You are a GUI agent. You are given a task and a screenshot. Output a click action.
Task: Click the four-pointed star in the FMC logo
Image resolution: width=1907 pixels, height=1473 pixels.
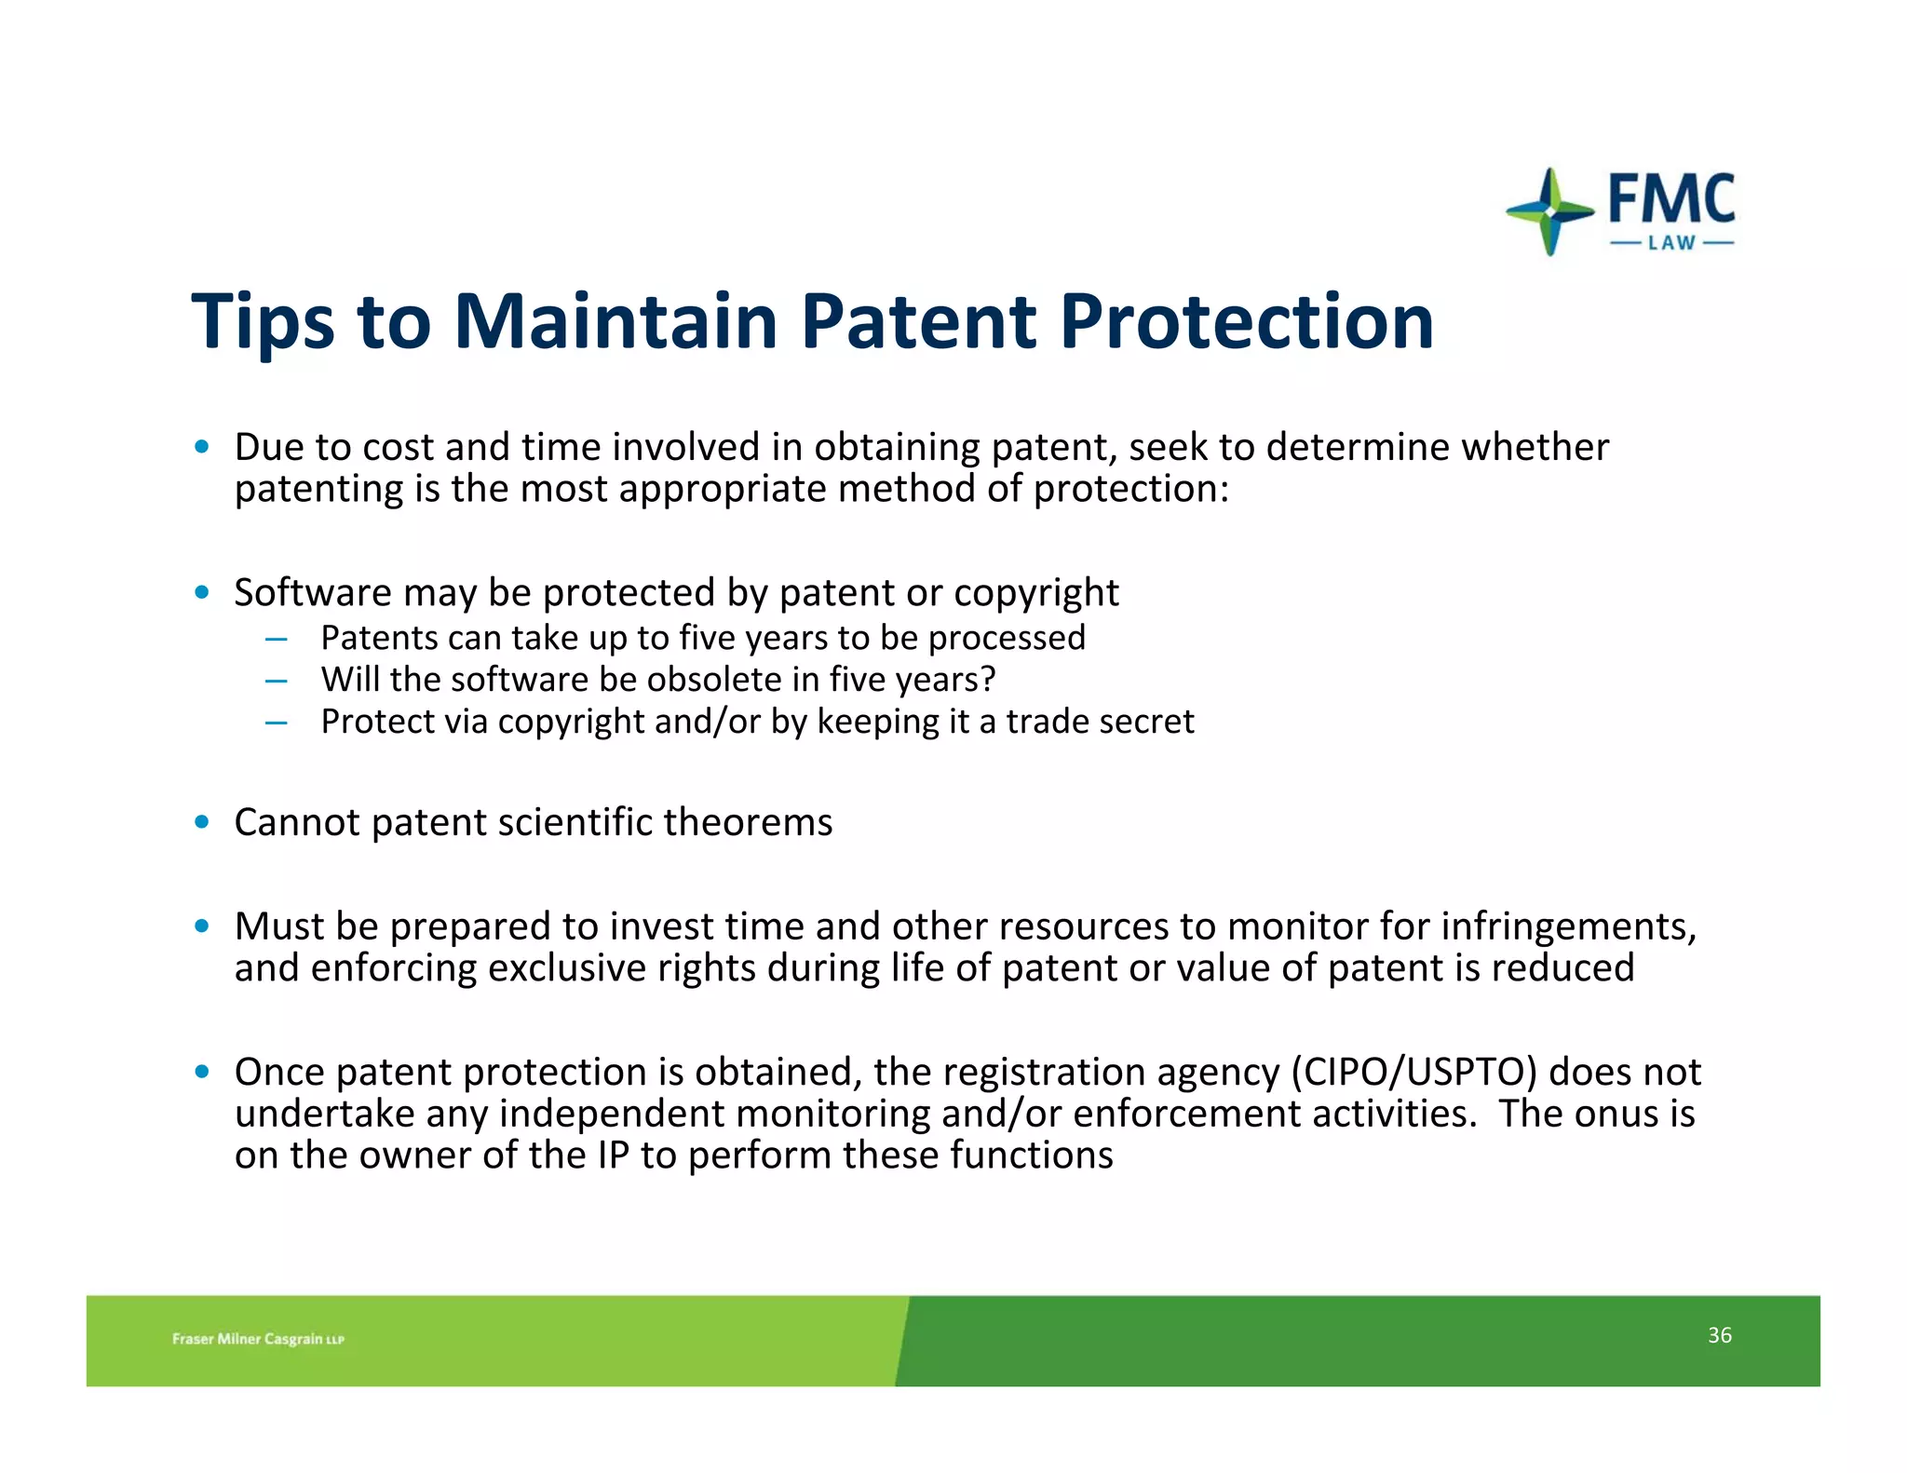(1549, 212)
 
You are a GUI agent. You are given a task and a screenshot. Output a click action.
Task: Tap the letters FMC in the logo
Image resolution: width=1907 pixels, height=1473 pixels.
(1671, 198)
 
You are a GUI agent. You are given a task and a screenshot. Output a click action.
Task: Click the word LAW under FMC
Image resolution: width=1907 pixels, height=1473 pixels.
(1671, 243)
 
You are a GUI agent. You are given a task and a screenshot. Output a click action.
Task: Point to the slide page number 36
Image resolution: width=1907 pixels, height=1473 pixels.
(1719, 1335)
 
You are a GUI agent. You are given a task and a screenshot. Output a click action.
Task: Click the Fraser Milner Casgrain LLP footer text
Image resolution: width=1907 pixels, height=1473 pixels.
(258, 1339)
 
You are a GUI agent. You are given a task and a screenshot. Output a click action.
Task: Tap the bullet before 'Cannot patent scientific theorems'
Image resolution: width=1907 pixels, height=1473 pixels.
(201, 822)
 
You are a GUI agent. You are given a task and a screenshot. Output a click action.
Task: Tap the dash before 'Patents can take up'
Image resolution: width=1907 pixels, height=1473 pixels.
(276, 640)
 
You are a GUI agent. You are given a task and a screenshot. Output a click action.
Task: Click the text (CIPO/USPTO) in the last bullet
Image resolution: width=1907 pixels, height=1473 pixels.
(1413, 1073)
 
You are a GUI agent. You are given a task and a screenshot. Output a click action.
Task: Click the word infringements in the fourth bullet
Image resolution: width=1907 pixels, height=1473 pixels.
(1568, 927)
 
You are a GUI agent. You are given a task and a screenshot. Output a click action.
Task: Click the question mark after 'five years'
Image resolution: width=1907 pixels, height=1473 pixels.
(988, 680)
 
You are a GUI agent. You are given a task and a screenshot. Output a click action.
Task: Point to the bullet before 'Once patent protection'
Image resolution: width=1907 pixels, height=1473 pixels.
(201, 1072)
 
